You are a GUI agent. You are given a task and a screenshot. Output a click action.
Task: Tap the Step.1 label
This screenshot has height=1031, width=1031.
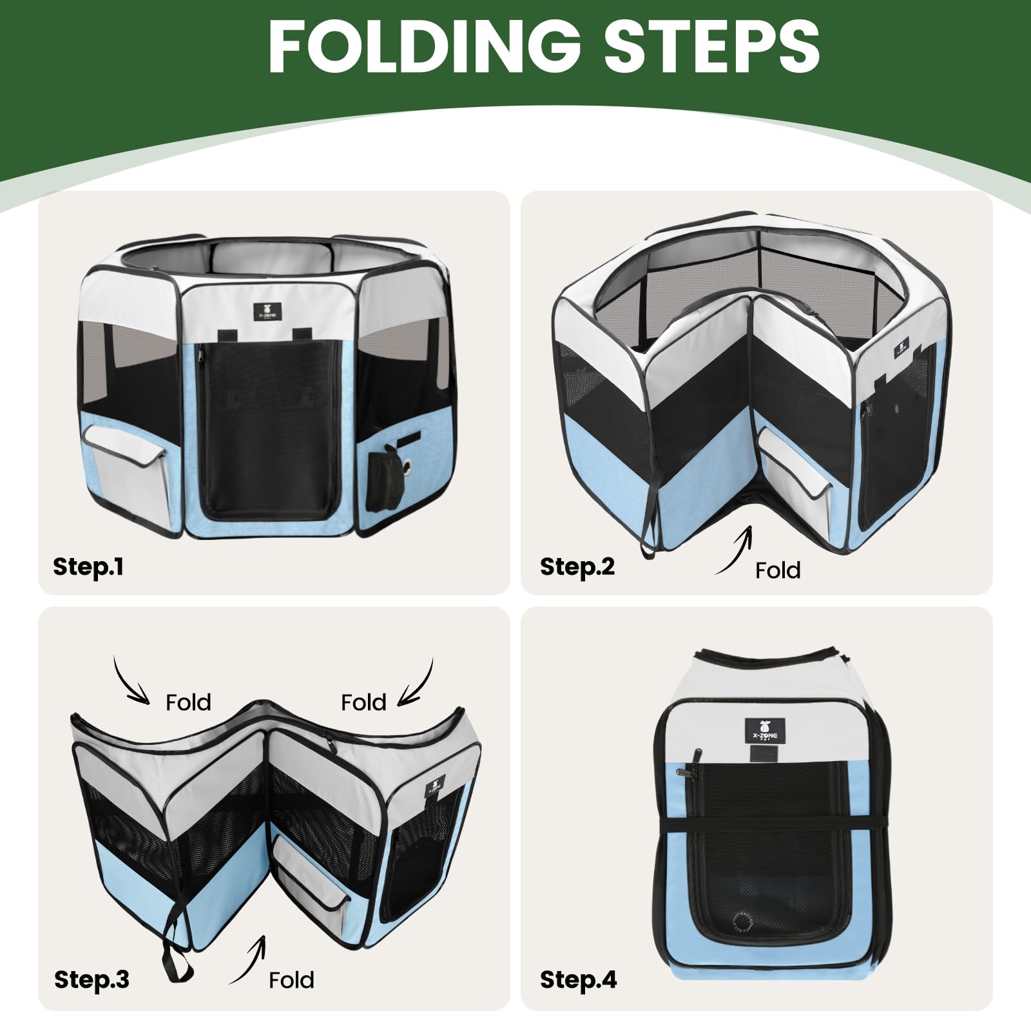click(x=88, y=566)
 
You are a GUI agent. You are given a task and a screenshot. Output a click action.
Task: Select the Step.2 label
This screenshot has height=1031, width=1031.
click(x=577, y=566)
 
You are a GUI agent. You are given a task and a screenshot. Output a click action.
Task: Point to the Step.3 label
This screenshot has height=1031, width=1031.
click(x=92, y=979)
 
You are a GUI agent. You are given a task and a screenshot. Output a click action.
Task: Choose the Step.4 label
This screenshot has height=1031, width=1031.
click(x=578, y=979)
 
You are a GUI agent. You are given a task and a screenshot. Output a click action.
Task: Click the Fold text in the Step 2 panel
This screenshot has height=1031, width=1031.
click(x=778, y=570)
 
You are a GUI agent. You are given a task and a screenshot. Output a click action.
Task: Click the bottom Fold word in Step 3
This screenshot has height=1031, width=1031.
click(x=291, y=980)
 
